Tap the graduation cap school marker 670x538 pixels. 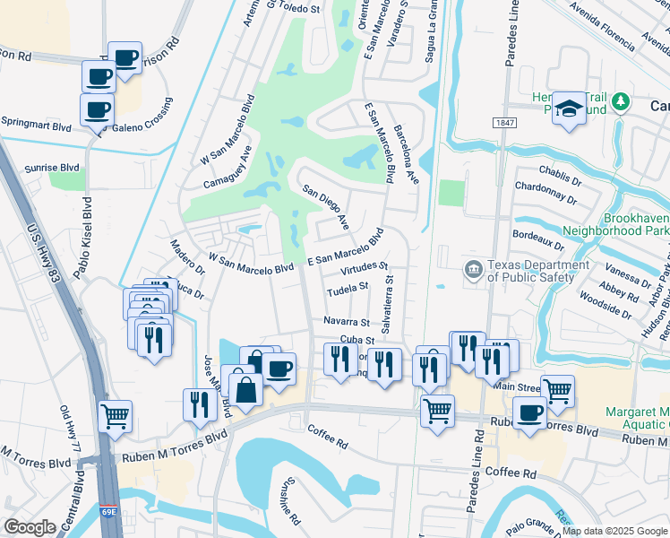567,108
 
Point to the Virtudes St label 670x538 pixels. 364,267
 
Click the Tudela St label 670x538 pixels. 348,288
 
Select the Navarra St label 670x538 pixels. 346,321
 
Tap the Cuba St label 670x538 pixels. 356,340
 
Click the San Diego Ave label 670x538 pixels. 325,204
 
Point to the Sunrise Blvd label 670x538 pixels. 52,168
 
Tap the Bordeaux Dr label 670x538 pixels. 537,239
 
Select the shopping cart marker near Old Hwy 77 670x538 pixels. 116,415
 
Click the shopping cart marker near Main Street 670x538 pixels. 557,390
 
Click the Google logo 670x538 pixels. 30,526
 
